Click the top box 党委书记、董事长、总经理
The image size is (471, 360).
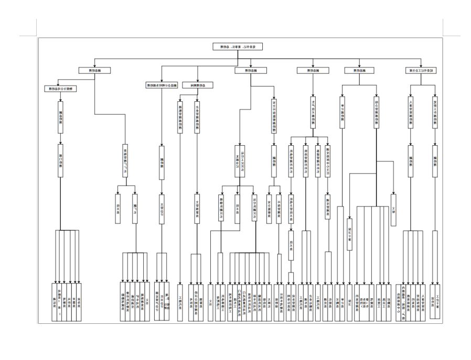click(238, 47)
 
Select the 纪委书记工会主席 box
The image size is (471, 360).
click(421, 70)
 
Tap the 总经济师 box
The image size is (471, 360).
click(197, 85)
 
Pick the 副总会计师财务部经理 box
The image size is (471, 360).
click(161, 85)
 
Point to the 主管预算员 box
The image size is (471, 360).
click(197, 206)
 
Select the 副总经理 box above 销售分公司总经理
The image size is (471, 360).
click(94, 70)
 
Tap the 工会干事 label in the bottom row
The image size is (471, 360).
click(434, 297)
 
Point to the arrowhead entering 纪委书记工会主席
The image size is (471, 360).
click(421, 66)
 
